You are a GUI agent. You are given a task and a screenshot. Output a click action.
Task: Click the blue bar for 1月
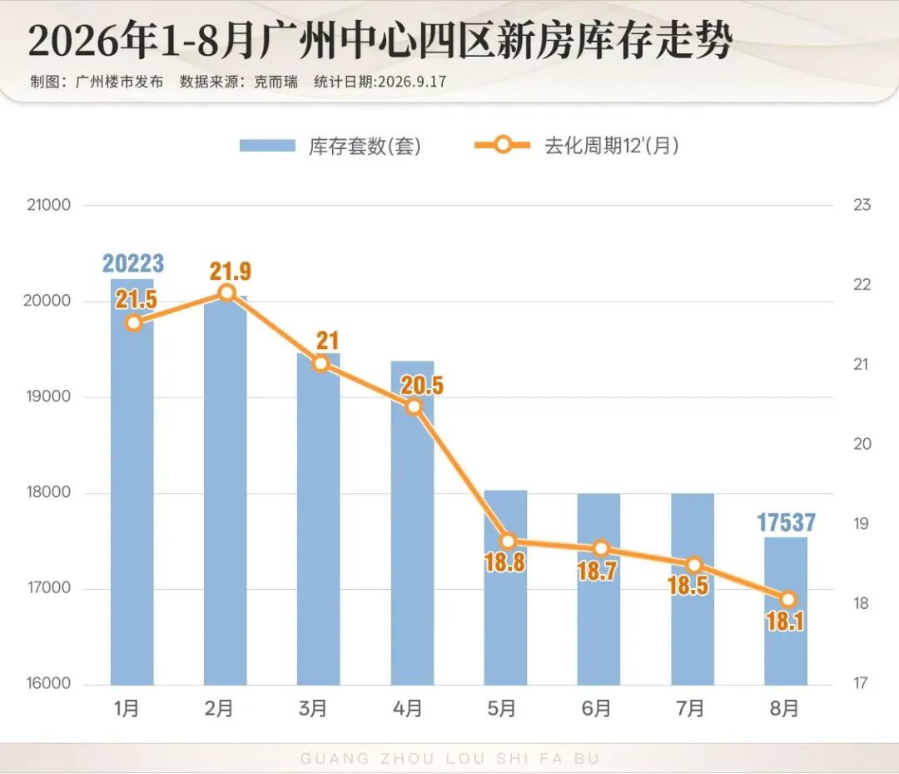coord(132,482)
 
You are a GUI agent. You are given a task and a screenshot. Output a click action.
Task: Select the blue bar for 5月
coord(505,587)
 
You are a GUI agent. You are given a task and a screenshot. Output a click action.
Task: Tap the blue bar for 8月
coord(786,611)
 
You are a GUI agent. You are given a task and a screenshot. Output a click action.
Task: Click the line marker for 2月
coord(227,293)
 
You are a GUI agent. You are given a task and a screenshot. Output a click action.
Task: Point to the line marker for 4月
coord(414,407)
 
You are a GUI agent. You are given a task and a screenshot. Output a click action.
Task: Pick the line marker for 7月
coord(693,565)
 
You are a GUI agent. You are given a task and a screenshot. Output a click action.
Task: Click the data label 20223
coord(133,263)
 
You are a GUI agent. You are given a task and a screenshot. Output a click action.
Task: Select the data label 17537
coord(786,522)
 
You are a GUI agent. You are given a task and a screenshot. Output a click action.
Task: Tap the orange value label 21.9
coord(230,271)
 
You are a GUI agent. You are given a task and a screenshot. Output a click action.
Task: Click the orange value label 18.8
coord(504,562)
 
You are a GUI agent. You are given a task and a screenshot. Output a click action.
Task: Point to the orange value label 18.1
coord(785,622)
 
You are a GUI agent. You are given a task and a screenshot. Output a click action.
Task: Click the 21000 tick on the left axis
coord(49,205)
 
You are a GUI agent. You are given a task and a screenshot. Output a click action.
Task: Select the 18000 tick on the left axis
coord(49,492)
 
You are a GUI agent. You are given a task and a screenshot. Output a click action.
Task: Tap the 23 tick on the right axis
coord(862,205)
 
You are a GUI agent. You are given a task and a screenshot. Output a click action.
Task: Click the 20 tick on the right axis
coord(862,443)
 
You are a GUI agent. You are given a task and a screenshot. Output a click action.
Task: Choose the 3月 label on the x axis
coord(312,708)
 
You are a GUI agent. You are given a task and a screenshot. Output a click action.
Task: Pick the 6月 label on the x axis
coord(596,708)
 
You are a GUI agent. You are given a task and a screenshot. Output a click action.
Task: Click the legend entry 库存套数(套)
coord(330,146)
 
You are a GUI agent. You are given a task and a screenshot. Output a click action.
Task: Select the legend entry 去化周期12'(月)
coord(577,146)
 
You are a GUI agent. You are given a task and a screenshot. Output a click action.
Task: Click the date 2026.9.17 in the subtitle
coord(412,82)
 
